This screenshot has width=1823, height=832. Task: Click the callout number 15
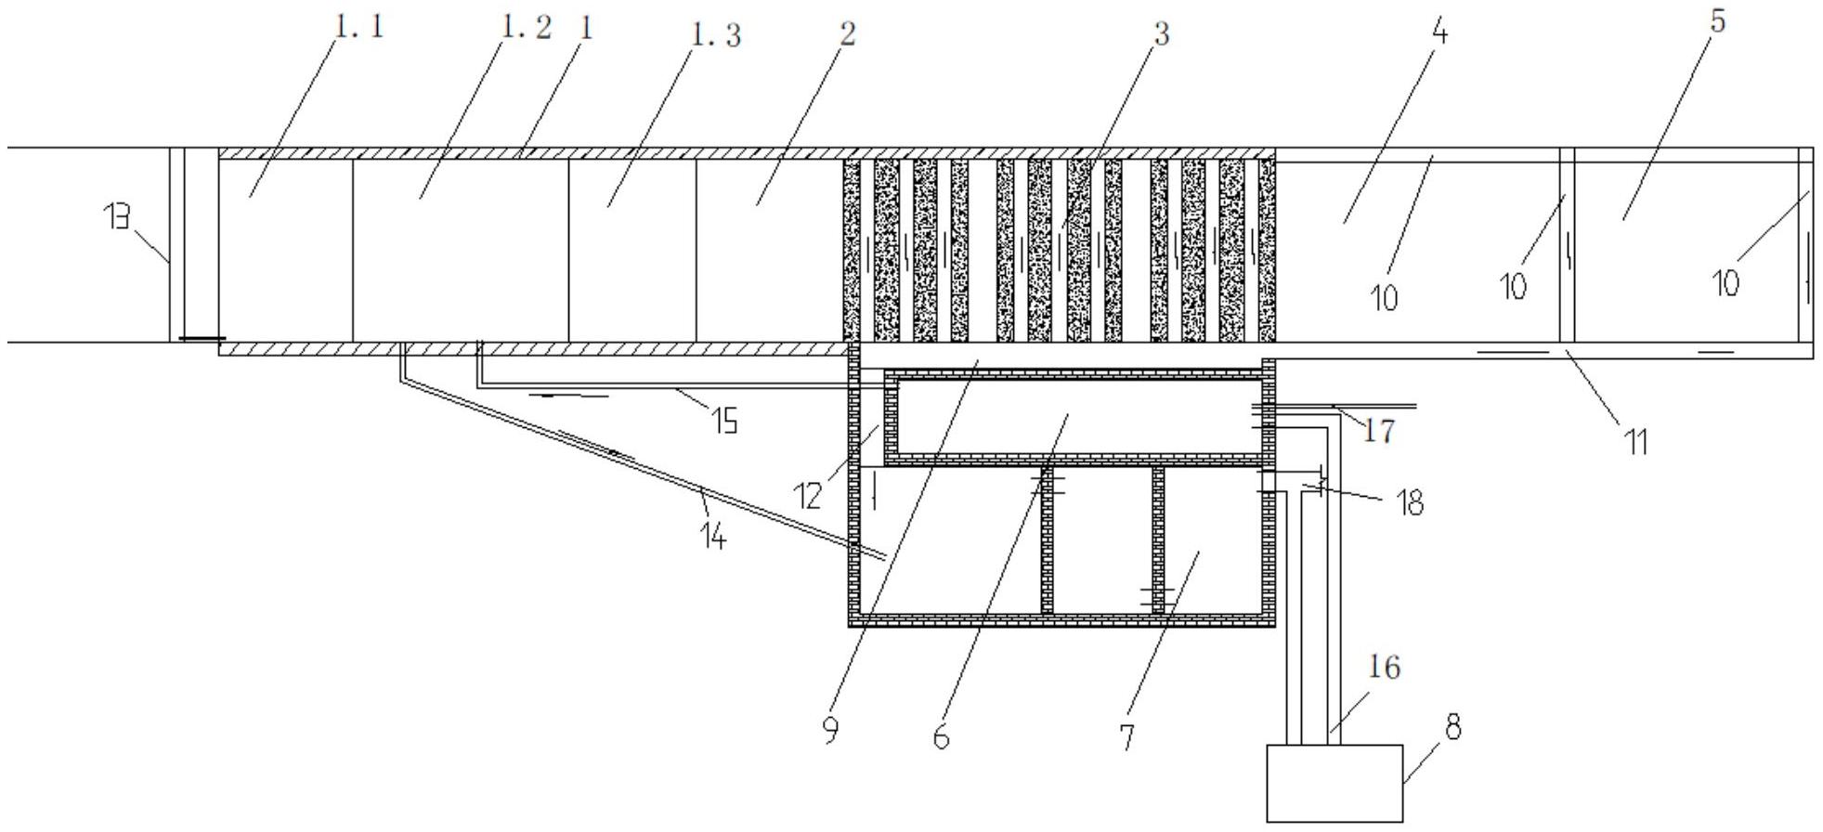tap(724, 422)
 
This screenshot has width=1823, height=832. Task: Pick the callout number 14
tap(712, 536)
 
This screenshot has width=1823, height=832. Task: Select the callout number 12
tap(809, 496)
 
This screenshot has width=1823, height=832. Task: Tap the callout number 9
tap(830, 731)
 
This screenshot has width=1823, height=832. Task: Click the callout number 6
tap(941, 737)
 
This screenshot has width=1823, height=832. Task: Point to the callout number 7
tap(1126, 737)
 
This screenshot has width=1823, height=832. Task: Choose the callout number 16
tap(1384, 668)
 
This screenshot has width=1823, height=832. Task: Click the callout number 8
tap(1453, 727)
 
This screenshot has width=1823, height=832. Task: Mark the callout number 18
tap(1410, 503)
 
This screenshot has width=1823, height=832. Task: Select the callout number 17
tap(1379, 431)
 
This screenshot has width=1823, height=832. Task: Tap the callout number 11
tap(1636, 443)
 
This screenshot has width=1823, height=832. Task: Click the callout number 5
tap(1717, 20)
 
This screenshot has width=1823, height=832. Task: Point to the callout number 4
tap(1439, 32)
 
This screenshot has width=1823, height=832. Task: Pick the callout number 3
tap(1161, 33)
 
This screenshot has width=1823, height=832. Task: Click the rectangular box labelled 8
tap(1335, 783)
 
